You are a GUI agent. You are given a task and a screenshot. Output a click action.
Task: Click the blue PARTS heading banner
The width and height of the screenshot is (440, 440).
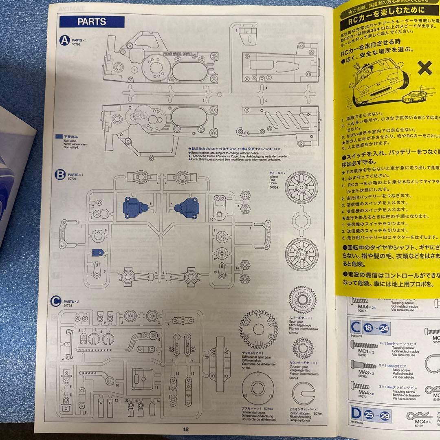pyautogui.click(x=92, y=22)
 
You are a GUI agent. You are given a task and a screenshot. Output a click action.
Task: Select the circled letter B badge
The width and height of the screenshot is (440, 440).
pyautogui.click(x=60, y=175)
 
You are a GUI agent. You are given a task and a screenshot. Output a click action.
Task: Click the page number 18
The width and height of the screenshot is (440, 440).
pyautogui.click(x=186, y=429)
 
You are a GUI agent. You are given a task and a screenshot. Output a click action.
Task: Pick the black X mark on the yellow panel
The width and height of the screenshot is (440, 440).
pyautogui.click(x=425, y=68)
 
